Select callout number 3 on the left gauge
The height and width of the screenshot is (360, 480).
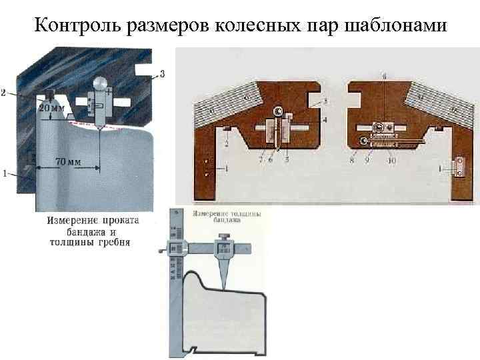tap(162, 73)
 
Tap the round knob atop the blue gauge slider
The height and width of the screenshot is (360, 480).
tap(100, 83)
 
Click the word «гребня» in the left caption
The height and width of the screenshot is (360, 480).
tap(113, 243)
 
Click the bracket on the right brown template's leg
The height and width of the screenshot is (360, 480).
tap(459, 168)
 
